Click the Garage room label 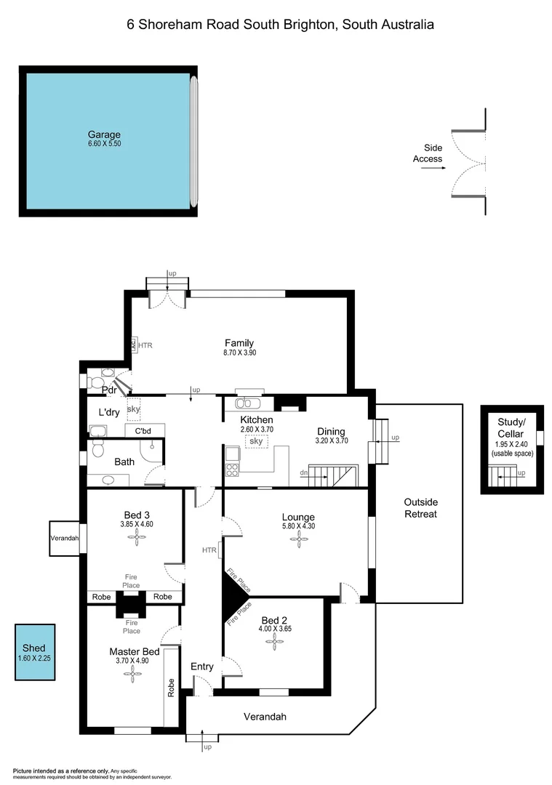point(104,134)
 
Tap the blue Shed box point(36,652)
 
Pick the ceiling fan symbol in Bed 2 point(274,640)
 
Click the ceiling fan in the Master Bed point(132,675)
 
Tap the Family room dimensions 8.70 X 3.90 point(239,353)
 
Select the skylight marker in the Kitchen point(256,441)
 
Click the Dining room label point(330,432)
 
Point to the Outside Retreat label point(420,508)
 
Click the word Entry point(202,667)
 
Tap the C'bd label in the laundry point(143,430)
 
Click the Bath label point(124,461)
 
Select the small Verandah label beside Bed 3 point(64,539)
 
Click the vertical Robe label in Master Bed point(172,688)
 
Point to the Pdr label point(110,390)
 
